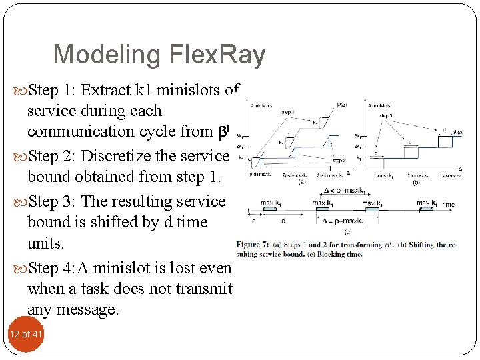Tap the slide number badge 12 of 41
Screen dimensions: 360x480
pos(25,333)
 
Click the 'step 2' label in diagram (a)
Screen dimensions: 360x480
pos(339,161)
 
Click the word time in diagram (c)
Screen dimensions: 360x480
pos(448,205)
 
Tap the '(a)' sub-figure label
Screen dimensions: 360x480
pos(303,180)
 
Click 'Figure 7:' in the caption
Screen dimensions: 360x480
pos(254,245)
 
